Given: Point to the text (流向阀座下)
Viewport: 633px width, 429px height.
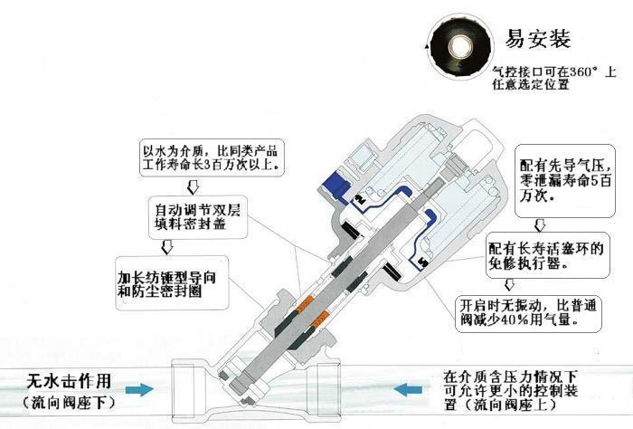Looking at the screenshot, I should coord(69,400).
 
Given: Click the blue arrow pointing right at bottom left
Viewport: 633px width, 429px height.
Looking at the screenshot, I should coord(139,390).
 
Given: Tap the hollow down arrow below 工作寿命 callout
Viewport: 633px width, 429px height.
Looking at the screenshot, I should coord(192,187).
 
